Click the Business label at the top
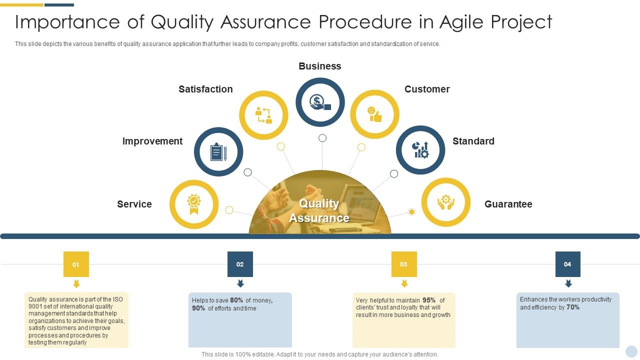pyautogui.click(x=320, y=66)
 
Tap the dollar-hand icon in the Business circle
pyautogui.click(x=320, y=102)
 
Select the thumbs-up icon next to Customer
pyautogui.click(x=374, y=114)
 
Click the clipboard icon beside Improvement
pyautogui.click(x=218, y=151)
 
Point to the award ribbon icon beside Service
pyautogui.click(x=193, y=204)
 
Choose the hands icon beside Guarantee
pyautogui.click(x=445, y=202)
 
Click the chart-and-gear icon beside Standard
pyautogui.click(x=420, y=149)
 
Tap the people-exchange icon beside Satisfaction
pyautogui.click(x=263, y=115)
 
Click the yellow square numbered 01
pyautogui.click(x=76, y=264)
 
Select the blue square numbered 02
pyautogui.click(x=240, y=264)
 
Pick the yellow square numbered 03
pyautogui.click(x=403, y=264)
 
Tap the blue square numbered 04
pyautogui.click(x=567, y=264)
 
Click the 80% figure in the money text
pyautogui.click(x=236, y=300)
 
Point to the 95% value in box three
pyautogui.click(x=429, y=300)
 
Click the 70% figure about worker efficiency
pyautogui.click(x=573, y=307)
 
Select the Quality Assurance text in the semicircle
pyautogui.click(x=319, y=210)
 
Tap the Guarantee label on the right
pyautogui.click(x=508, y=204)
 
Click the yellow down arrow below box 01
pyautogui.click(x=76, y=284)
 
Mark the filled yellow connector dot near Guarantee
pyautogui.click(x=411, y=212)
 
